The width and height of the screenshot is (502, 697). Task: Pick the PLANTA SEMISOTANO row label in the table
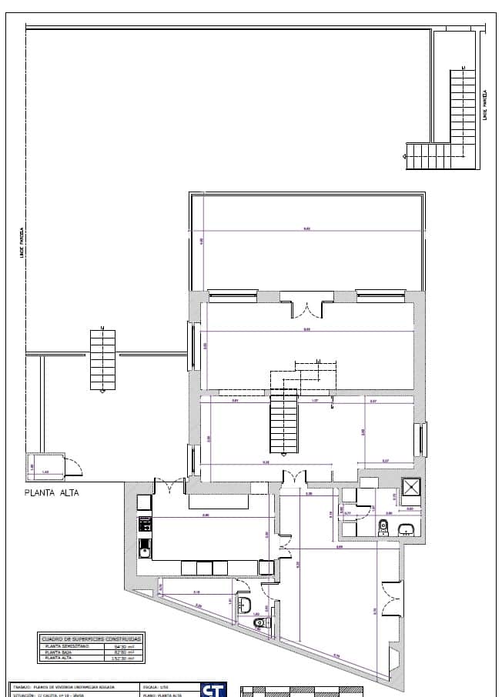(65, 646)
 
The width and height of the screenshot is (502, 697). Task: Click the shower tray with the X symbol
(412, 487)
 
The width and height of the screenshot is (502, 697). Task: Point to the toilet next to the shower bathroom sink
(383, 526)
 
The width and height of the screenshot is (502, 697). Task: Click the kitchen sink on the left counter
(143, 549)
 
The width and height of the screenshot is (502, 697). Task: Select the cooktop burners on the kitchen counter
(143, 525)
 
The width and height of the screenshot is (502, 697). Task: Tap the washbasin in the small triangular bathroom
(246, 603)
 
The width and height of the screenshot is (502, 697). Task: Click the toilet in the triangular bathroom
(260, 622)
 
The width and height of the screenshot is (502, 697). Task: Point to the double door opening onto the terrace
(307, 309)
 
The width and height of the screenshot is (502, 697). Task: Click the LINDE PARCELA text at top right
(484, 105)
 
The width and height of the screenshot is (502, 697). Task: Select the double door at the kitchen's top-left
(169, 485)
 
